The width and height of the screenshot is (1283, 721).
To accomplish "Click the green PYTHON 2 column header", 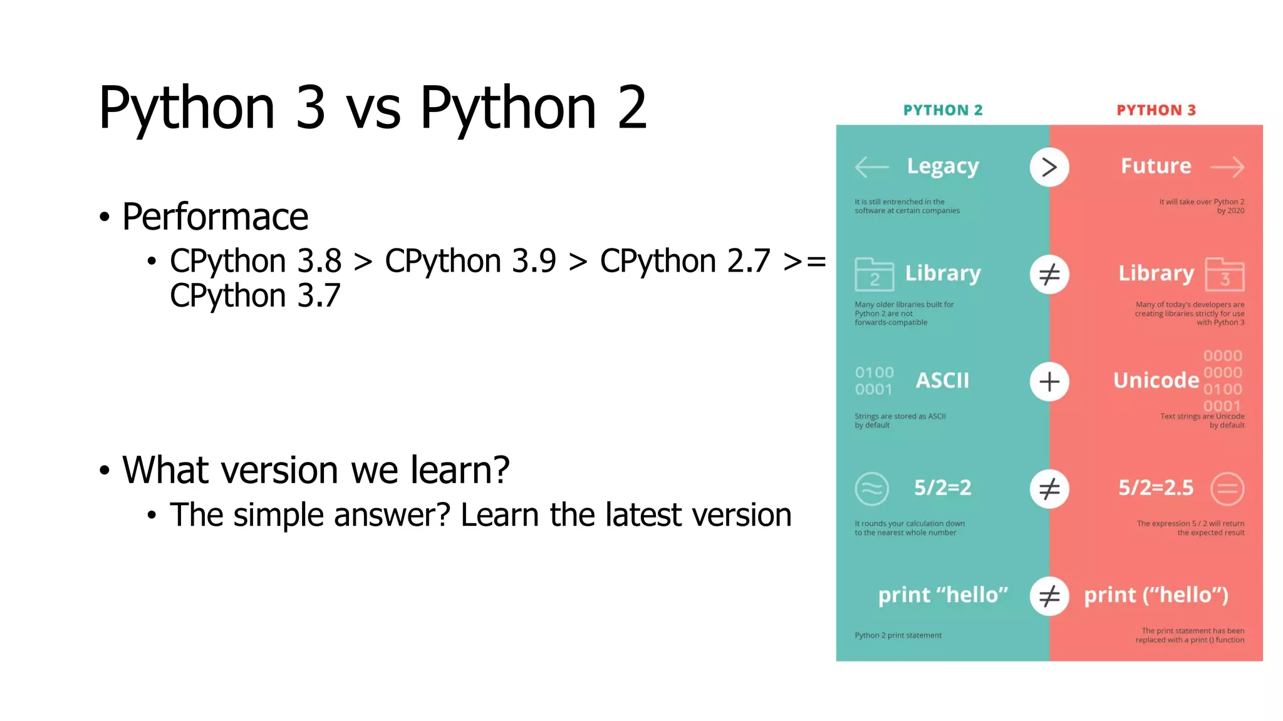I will point(943,110).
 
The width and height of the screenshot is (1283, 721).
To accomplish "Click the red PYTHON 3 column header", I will point(1156,110).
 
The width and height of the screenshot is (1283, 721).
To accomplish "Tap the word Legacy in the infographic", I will point(943,166).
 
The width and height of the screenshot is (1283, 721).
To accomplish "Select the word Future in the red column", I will point(1156,166).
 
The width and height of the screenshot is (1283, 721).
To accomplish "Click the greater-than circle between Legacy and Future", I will point(1049,167).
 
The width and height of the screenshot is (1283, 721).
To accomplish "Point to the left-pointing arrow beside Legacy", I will point(871,167).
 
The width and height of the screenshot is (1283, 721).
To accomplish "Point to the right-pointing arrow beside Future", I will point(1227,167).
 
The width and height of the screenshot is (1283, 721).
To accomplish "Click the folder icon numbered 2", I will point(874,275).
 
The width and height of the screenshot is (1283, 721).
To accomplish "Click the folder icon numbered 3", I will point(1225,275).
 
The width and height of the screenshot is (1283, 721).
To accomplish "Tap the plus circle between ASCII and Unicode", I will point(1049,382).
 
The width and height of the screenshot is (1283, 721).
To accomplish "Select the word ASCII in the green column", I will point(942,381).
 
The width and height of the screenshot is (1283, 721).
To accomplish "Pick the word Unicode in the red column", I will point(1156,381).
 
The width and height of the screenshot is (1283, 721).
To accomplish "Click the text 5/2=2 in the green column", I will point(942,488).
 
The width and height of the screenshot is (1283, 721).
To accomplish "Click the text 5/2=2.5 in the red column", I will point(1156,488).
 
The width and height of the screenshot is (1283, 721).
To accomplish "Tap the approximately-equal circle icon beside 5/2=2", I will point(871,489).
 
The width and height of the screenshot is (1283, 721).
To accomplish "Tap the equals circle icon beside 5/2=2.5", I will point(1227,489).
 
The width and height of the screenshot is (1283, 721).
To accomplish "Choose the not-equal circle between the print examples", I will point(1049,596).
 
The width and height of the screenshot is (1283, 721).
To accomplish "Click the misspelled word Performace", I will point(215,217).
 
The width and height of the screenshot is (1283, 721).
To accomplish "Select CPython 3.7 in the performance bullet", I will point(255,295).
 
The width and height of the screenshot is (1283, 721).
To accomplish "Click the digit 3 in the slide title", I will point(310,108).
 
